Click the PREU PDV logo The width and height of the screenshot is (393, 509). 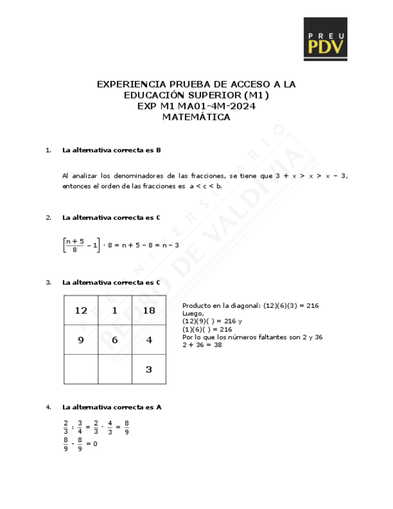click(x=325, y=39)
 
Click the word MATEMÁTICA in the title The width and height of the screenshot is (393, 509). click(x=196, y=118)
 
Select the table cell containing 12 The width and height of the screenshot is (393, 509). click(x=81, y=310)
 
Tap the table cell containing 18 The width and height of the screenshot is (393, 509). click(x=149, y=310)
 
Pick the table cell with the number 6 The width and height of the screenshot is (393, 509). click(x=115, y=340)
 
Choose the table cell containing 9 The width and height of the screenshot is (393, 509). click(x=81, y=340)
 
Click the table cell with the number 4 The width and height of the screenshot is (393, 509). click(x=149, y=340)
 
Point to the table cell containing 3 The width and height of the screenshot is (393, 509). click(x=149, y=369)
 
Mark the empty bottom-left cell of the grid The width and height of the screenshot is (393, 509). click(x=81, y=369)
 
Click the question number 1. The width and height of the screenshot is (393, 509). click(x=48, y=150)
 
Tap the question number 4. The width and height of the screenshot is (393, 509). click(x=48, y=407)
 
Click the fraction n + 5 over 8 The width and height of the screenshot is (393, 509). click(x=75, y=245)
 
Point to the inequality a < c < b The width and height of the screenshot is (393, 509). click(x=206, y=186)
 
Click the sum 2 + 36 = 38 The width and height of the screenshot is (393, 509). click(x=202, y=345)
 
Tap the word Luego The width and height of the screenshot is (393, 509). click(x=193, y=313)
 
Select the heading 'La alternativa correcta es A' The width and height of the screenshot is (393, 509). click(x=112, y=407)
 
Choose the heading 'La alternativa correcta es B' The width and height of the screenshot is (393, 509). click(x=112, y=150)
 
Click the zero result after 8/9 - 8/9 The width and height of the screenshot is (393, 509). click(x=95, y=444)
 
